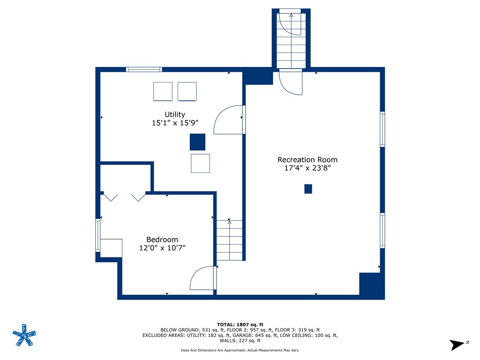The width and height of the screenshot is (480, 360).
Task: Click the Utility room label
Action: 174,114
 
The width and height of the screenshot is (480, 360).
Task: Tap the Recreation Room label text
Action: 307,160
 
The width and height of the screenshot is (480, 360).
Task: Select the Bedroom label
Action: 162,240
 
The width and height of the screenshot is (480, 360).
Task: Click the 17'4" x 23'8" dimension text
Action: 307,168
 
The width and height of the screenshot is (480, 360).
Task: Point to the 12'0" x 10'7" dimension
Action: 162,248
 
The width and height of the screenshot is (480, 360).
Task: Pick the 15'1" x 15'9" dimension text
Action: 174,123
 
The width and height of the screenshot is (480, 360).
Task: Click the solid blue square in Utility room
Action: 197,142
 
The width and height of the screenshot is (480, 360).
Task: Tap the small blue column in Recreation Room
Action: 308,189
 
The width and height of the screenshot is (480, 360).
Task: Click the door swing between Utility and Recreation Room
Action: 229,120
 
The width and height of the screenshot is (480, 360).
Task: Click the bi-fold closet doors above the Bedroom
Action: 124,197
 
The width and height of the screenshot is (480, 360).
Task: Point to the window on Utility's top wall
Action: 144,69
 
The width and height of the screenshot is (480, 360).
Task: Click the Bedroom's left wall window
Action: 98,235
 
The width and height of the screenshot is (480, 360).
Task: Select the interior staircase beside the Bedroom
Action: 230,240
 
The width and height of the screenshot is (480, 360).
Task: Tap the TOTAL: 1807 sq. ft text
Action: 240,324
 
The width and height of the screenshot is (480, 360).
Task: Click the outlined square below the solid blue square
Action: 200,163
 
